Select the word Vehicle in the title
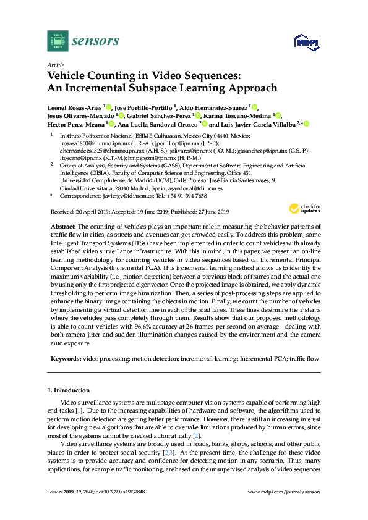tap(67, 76)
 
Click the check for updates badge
tap(307, 209)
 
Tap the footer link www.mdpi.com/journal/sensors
tap(284, 492)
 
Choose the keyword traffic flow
tap(305, 358)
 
